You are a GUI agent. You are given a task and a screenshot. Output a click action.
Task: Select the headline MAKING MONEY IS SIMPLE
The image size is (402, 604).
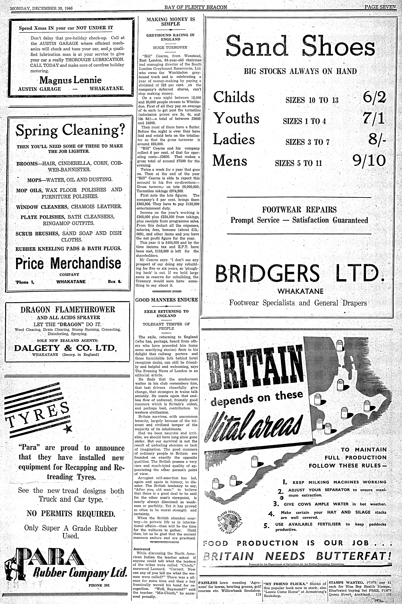[x=171, y=21]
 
